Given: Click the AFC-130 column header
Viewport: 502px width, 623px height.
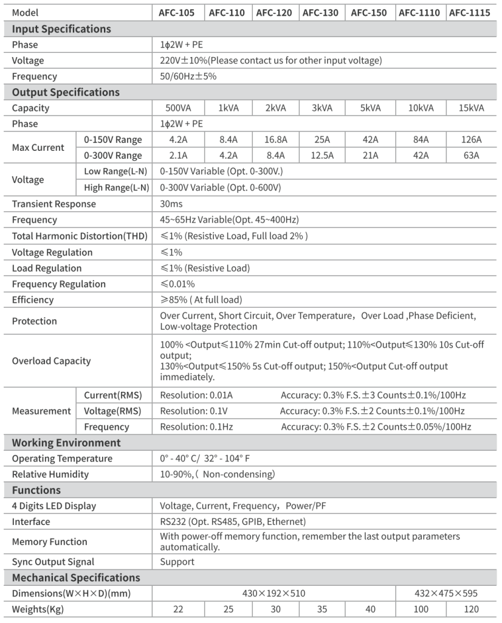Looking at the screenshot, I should (x=321, y=13).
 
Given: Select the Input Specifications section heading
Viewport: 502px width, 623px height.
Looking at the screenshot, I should (x=61, y=29).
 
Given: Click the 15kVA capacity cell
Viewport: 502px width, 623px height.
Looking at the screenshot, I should (x=470, y=108).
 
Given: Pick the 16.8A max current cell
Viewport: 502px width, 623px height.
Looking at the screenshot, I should (x=275, y=140).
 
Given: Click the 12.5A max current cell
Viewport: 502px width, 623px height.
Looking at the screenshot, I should (x=321, y=156).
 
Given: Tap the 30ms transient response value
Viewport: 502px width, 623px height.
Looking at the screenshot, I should (x=171, y=204).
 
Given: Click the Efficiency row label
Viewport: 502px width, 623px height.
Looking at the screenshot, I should (x=33, y=299).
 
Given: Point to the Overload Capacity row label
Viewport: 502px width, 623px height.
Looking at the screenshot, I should (x=51, y=361).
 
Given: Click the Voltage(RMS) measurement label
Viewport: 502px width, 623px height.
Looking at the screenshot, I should (x=112, y=411).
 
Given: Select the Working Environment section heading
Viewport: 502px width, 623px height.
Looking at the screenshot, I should (x=66, y=442).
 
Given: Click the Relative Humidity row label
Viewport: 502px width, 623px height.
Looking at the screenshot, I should (x=50, y=474).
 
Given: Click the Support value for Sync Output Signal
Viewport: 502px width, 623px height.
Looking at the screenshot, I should (x=177, y=562).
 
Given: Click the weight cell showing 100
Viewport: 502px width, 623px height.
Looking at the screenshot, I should (x=420, y=609).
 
